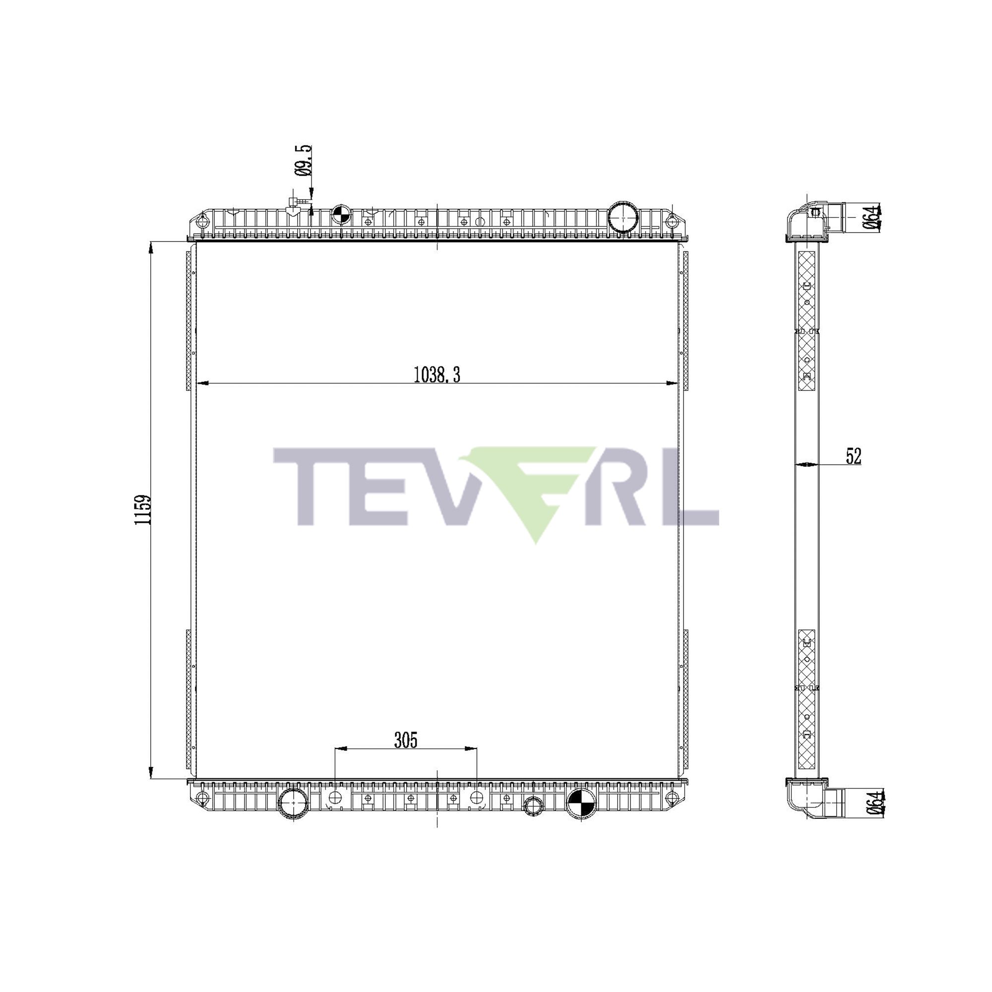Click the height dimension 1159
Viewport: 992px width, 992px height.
[142, 509]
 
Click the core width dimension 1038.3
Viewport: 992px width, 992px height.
[437, 375]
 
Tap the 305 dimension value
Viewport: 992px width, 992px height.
[406, 740]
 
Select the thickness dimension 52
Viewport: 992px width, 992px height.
[853, 456]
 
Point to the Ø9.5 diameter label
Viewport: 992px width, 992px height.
[304, 161]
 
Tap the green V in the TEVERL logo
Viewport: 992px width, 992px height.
[534, 488]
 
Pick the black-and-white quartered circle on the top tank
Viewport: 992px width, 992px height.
[341, 214]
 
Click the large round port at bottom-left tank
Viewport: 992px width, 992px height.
[293, 805]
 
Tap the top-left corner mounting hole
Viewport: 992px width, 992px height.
[203, 222]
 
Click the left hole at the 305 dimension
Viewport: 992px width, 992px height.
[335, 798]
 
